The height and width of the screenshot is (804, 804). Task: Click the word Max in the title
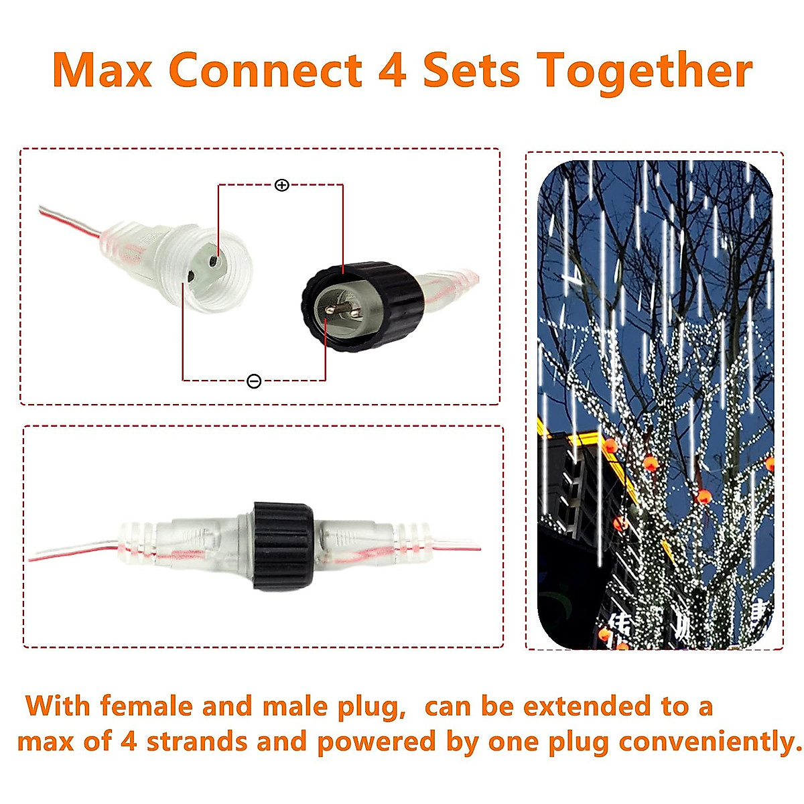point(103,70)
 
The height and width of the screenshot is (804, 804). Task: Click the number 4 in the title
point(392,70)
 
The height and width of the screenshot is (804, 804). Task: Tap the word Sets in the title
point(471,70)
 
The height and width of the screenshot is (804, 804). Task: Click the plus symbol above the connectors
point(282,185)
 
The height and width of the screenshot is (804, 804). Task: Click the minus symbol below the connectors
point(254,381)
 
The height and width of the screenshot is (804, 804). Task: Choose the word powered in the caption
point(376,742)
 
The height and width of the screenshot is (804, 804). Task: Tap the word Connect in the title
point(265,70)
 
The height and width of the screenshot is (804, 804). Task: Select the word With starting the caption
point(58,706)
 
